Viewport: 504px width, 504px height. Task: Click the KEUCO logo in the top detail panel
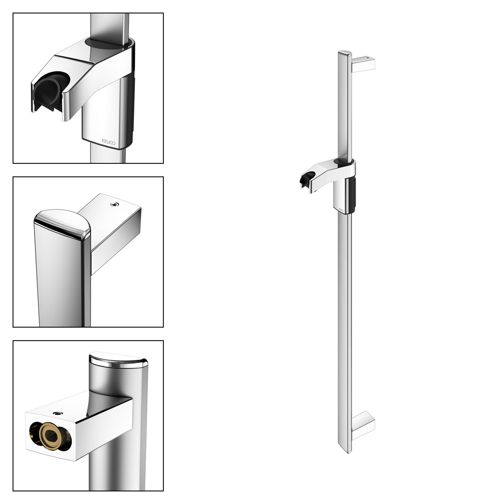tap(108, 142)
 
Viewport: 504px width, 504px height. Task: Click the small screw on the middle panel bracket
tap(114, 204)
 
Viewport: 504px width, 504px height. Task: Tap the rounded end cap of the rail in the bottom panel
tap(118, 360)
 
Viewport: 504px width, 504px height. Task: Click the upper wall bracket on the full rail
tap(363, 63)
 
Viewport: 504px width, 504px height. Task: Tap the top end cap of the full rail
tap(345, 53)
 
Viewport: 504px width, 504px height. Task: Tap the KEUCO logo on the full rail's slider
tap(341, 210)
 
